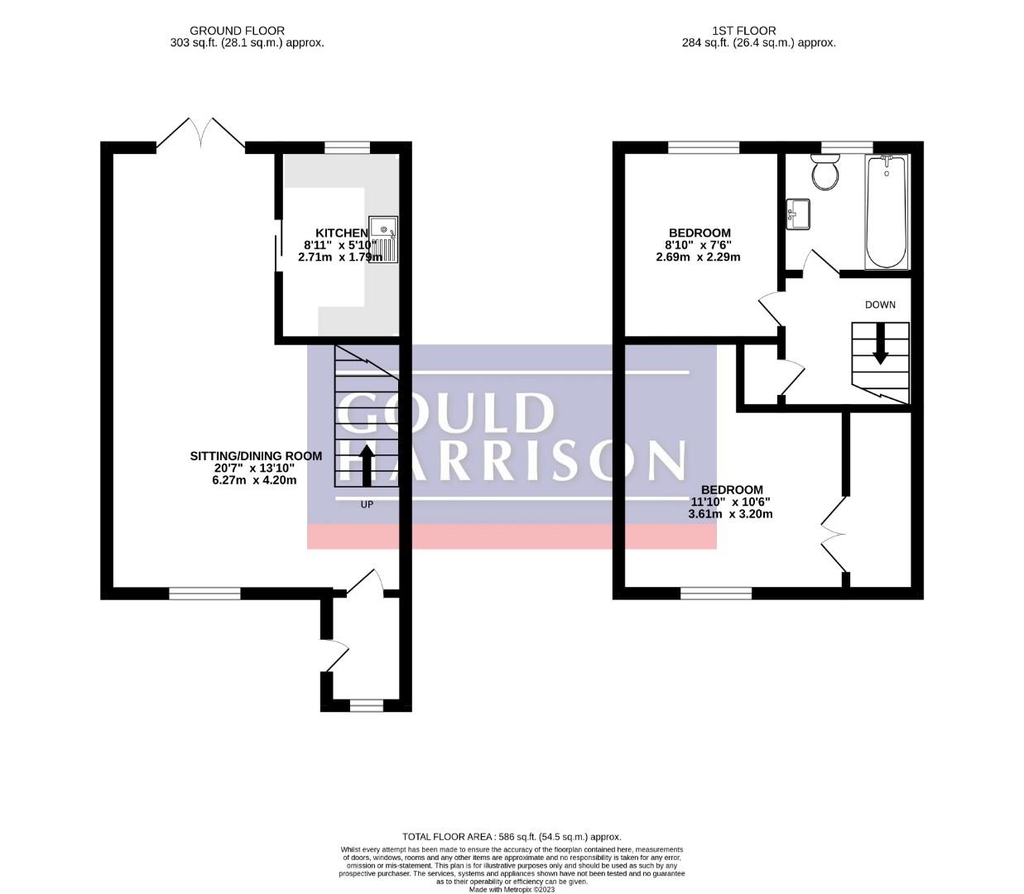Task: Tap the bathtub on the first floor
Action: point(886,212)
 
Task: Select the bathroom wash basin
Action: point(799,213)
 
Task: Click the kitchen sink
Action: point(384,238)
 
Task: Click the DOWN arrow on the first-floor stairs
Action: point(880,344)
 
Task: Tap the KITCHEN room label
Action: point(342,233)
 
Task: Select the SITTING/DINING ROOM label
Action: point(256,455)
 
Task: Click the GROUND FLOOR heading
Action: point(237,31)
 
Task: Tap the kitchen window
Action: point(347,147)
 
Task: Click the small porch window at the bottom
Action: point(367,705)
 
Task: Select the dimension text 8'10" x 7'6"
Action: point(698,245)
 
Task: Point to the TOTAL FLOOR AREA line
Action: point(511,837)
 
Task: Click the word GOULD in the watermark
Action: point(446,413)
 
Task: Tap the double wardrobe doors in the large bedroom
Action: point(834,534)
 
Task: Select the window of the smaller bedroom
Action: point(704,147)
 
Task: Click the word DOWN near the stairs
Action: point(880,305)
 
